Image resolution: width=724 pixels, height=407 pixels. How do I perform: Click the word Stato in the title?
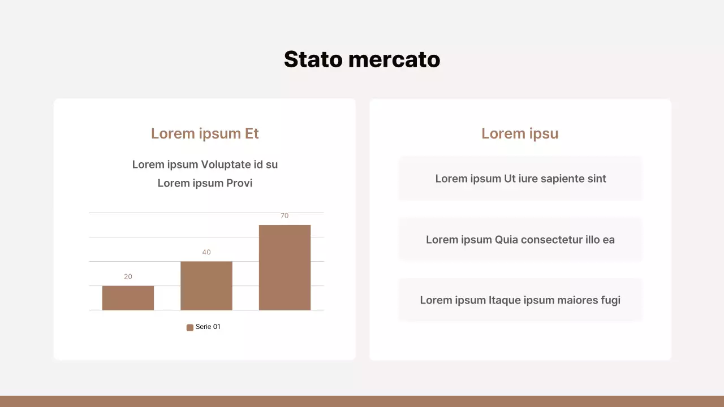(313, 59)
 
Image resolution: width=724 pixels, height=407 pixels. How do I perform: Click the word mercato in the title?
(394, 59)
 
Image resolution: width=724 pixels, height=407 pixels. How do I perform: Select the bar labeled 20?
(128, 298)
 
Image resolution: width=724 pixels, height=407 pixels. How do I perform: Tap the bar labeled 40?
(206, 285)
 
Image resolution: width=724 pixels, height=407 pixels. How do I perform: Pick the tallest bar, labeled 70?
(285, 267)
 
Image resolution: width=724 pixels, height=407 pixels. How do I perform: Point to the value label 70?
(285, 216)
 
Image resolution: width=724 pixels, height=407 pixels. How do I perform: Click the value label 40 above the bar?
(206, 252)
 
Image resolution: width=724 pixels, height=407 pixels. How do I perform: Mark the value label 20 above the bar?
(128, 276)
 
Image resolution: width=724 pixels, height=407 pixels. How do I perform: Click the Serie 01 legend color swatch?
(190, 327)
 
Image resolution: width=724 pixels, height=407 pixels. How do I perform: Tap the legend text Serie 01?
(208, 327)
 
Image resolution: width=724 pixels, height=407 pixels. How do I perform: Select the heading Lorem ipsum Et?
(205, 133)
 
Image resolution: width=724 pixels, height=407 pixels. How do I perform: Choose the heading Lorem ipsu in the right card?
(520, 133)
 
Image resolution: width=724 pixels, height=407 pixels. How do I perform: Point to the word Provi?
(239, 183)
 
